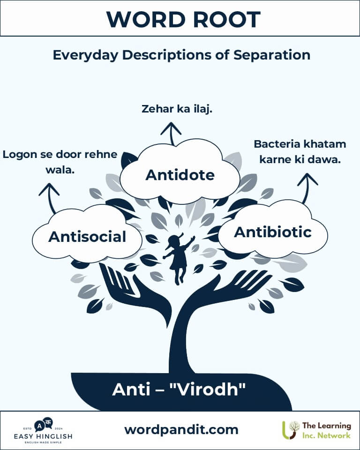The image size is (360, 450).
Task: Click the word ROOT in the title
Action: click(226, 20)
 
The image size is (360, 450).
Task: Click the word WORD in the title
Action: click(146, 20)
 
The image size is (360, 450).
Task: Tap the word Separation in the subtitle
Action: click(271, 55)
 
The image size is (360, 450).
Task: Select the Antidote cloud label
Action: click(180, 175)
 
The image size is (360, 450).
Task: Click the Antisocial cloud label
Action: click(87, 237)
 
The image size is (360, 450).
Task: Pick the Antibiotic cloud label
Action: click(273, 232)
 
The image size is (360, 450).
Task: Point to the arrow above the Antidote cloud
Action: click(171, 134)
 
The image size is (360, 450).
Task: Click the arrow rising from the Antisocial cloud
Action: click(50, 198)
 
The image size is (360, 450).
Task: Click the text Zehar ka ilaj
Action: click(177, 109)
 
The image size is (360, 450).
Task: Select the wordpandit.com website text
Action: click(181, 430)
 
